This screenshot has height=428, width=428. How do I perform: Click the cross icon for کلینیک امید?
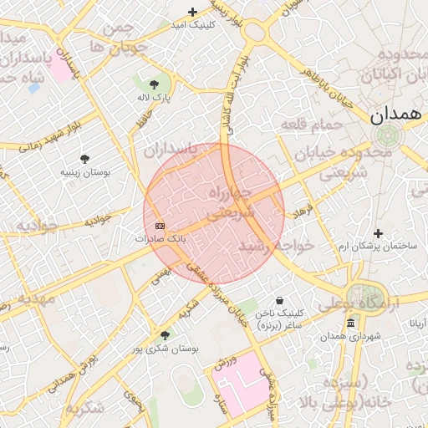click(193, 12)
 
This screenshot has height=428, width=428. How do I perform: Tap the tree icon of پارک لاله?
click(154, 84)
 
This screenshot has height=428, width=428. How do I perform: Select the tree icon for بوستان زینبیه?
click(84, 158)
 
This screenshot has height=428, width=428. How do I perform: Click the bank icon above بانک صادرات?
click(160, 226)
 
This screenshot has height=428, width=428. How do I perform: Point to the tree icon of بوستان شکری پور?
click(165, 335)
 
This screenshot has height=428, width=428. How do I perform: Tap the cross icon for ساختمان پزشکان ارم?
click(378, 233)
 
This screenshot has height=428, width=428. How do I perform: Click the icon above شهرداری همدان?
click(349, 323)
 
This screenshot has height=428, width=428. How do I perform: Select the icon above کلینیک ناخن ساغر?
click(278, 300)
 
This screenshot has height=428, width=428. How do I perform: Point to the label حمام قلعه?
click(313, 124)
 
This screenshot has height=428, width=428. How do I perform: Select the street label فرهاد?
click(303, 210)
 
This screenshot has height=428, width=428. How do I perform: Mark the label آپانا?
click(415, 322)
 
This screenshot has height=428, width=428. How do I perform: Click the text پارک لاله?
click(154, 98)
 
